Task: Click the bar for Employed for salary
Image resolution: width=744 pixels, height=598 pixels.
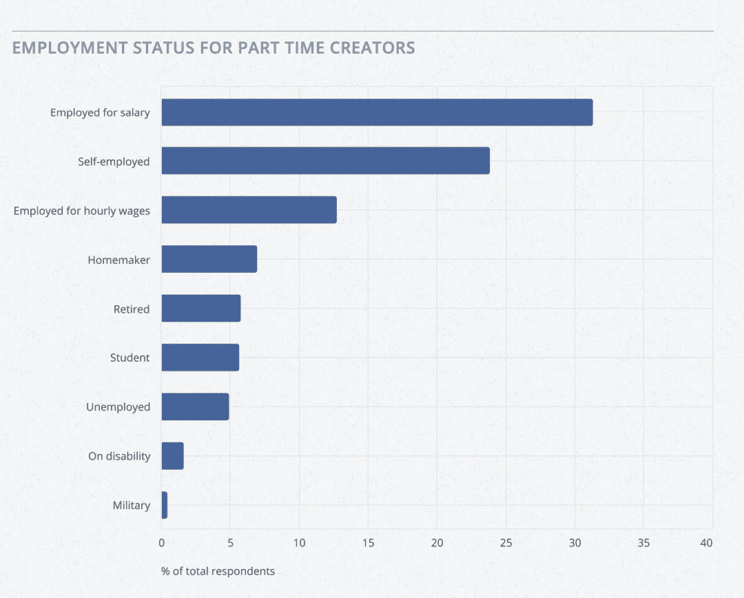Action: [377, 112]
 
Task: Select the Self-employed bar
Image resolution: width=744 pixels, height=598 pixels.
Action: [325, 161]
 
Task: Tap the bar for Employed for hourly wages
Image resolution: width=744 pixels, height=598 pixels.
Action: [249, 209]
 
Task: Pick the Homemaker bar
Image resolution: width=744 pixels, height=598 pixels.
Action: [209, 259]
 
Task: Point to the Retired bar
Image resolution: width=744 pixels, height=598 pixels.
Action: [200, 308]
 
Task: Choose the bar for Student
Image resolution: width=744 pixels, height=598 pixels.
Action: [200, 358]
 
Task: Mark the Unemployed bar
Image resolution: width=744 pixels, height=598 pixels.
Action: [195, 406]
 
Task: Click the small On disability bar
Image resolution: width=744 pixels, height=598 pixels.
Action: [172, 455]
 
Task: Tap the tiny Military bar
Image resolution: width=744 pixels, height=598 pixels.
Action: [164, 505]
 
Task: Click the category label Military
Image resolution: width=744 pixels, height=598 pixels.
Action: [131, 505]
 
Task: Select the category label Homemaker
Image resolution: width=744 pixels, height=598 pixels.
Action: [118, 260]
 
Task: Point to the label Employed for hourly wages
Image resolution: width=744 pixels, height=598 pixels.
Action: [81, 210]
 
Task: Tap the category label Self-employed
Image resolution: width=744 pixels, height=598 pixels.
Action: [114, 161]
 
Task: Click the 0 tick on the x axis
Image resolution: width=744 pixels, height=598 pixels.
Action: [162, 543]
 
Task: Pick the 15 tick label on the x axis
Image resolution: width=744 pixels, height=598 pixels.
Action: [368, 543]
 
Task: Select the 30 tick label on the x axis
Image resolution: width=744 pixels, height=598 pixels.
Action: [575, 543]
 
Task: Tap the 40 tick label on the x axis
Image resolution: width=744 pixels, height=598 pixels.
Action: [706, 543]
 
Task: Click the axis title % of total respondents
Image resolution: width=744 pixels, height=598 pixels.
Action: [218, 571]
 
